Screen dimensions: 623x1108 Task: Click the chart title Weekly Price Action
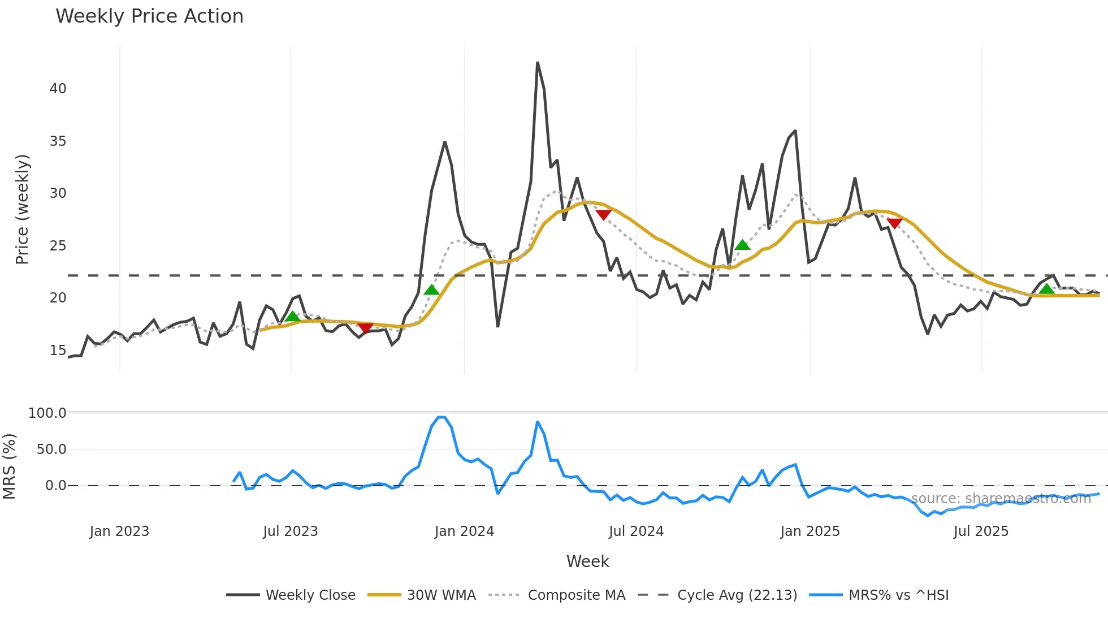coord(149,16)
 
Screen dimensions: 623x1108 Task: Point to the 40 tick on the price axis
coord(58,89)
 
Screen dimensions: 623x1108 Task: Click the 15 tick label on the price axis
coord(58,351)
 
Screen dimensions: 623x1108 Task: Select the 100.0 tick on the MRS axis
coord(47,413)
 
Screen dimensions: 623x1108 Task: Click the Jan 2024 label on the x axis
coord(464,531)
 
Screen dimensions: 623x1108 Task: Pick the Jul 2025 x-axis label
coord(981,531)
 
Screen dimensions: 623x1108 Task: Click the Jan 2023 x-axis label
coord(119,531)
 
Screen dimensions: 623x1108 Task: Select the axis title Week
coord(587,561)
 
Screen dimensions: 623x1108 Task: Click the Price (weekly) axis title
coord(21,209)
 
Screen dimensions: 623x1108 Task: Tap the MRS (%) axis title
coord(9,466)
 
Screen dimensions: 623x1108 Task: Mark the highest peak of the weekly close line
coord(537,63)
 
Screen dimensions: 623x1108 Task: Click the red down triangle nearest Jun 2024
coord(603,215)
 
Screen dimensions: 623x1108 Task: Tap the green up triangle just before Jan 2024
coord(431,290)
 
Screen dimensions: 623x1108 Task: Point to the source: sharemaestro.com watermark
coord(1001,499)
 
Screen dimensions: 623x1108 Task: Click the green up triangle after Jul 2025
coord(1046,289)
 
